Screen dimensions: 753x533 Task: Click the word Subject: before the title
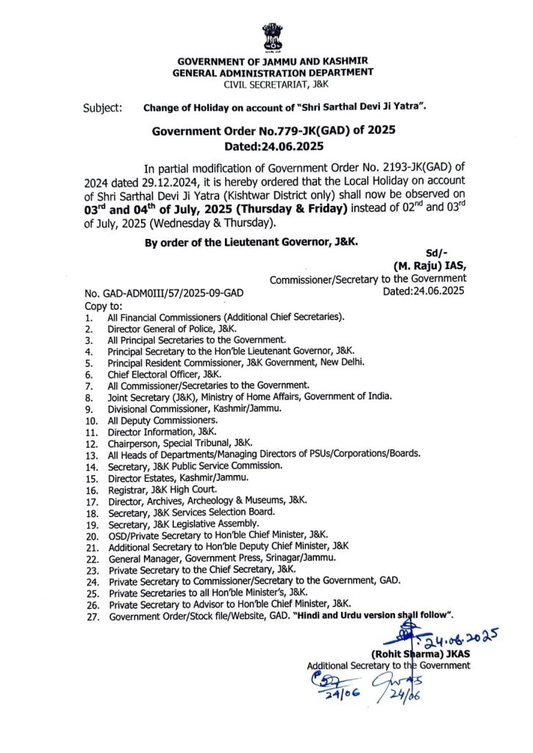tap(103, 108)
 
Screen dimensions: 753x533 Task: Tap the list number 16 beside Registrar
tap(92, 487)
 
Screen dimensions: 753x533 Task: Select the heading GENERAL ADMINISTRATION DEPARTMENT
tap(272, 72)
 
